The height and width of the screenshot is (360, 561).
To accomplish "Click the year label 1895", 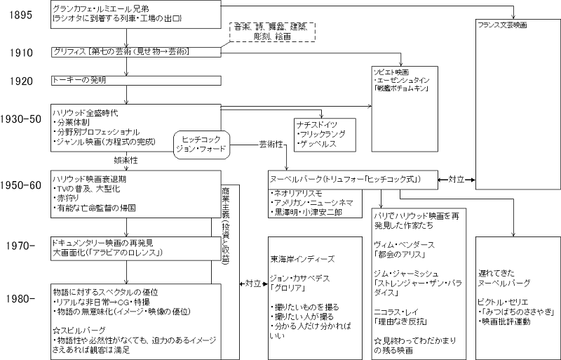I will point(18,14).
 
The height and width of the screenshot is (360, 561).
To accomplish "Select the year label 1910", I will point(18,53).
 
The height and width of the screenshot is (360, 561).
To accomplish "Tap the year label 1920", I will point(18,80).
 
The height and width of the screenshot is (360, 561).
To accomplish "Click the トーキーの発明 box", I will point(77,81).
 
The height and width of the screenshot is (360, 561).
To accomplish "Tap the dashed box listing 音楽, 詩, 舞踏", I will point(273,29).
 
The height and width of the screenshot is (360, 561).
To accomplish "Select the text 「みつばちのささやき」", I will point(513,310).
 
